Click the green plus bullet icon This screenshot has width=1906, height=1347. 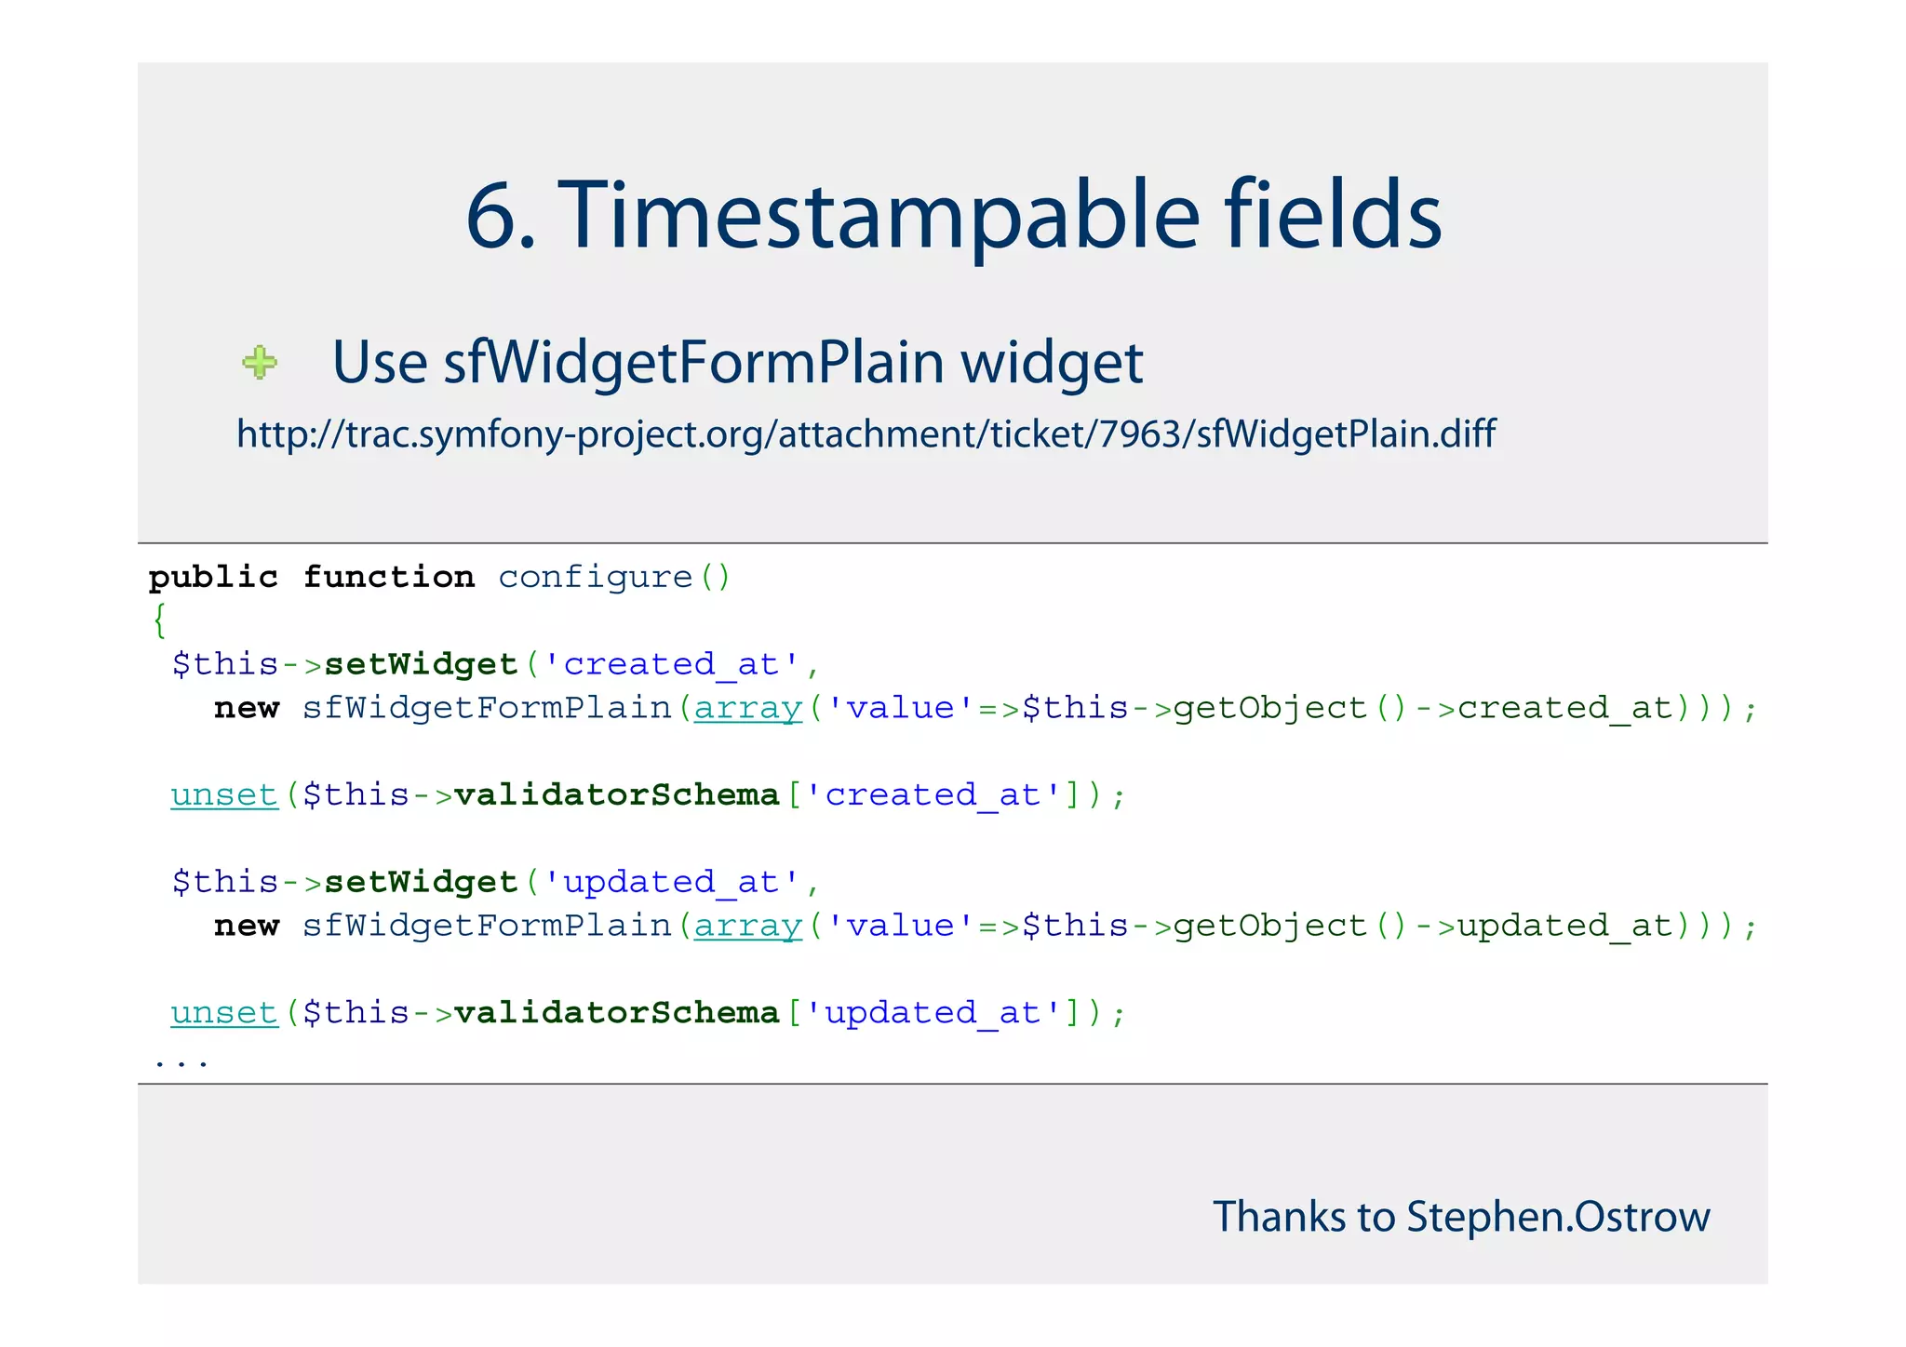click(260, 362)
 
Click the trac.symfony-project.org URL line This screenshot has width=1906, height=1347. click(866, 433)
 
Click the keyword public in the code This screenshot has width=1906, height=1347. click(213, 578)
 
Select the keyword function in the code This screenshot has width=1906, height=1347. click(389, 578)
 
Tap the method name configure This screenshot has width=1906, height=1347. click(596, 578)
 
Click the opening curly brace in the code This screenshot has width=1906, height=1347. click(160, 620)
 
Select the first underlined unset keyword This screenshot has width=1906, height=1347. click(224, 795)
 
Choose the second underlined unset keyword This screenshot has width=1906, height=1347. click(224, 1013)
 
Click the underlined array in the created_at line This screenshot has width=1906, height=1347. click(747, 709)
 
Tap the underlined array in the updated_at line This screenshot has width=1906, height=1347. click(747, 927)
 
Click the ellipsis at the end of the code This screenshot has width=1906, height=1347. click(181, 1060)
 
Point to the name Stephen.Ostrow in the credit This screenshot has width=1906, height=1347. click(1558, 1217)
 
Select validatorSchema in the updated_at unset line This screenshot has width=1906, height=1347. click(616, 1013)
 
